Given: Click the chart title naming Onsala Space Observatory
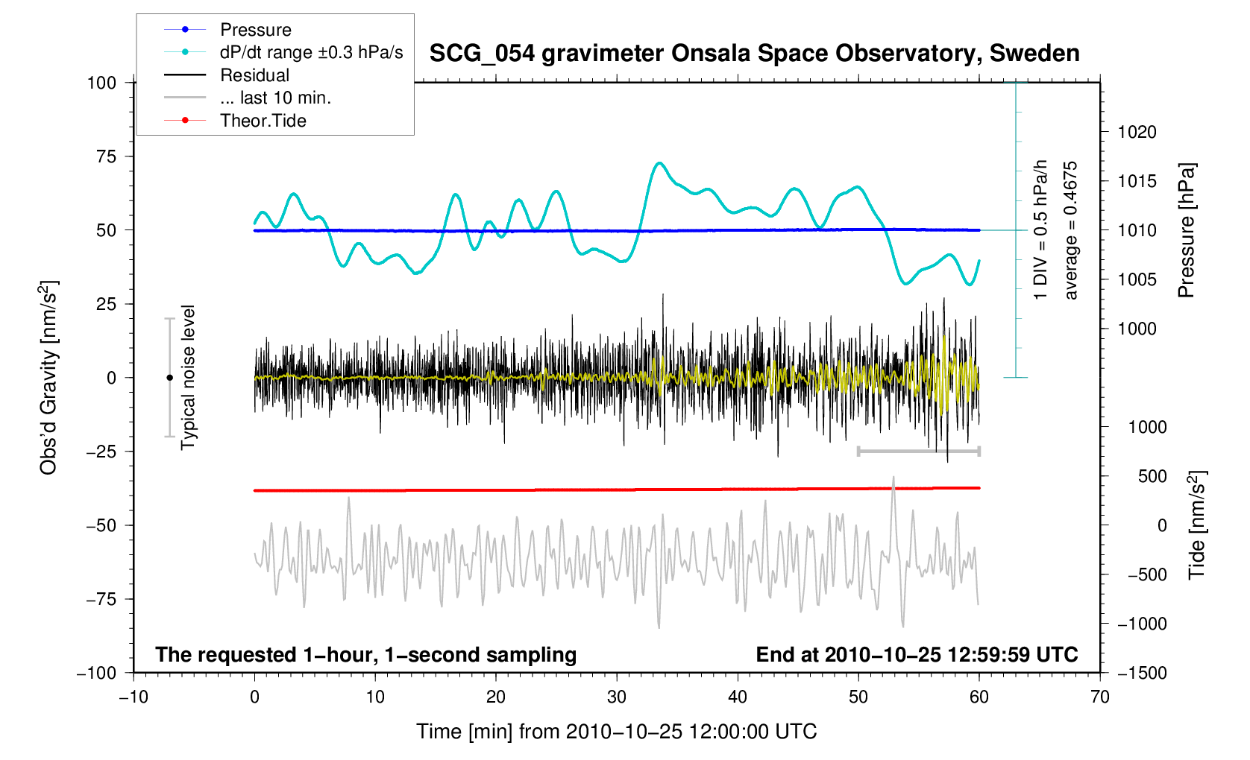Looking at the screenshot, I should click(754, 54).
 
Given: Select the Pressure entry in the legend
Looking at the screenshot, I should click(255, 30).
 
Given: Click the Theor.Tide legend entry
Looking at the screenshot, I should click(263, 121).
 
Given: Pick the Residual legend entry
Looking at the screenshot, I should click(254, 75).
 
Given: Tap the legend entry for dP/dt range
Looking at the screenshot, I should click(311, 52).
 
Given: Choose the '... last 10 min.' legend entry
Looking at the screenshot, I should click(275, 98).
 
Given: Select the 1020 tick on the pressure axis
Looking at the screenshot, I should click(1137, 133).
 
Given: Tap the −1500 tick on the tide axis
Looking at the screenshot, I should click(1141, 673).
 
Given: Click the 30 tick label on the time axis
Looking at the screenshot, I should click(617, 697).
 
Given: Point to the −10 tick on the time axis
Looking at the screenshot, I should click(134, 697).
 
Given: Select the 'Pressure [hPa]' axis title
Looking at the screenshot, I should click(1186, 230).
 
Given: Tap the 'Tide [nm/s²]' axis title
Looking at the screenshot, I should click(1197, 525).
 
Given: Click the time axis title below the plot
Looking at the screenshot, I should click(616, 732).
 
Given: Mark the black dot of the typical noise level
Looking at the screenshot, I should click(169, 378).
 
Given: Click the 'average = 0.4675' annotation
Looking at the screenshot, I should click(1071, 230).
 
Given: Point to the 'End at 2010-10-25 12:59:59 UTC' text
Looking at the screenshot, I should click(917, 655).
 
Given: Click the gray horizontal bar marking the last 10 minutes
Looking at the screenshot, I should click(918, 452).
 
